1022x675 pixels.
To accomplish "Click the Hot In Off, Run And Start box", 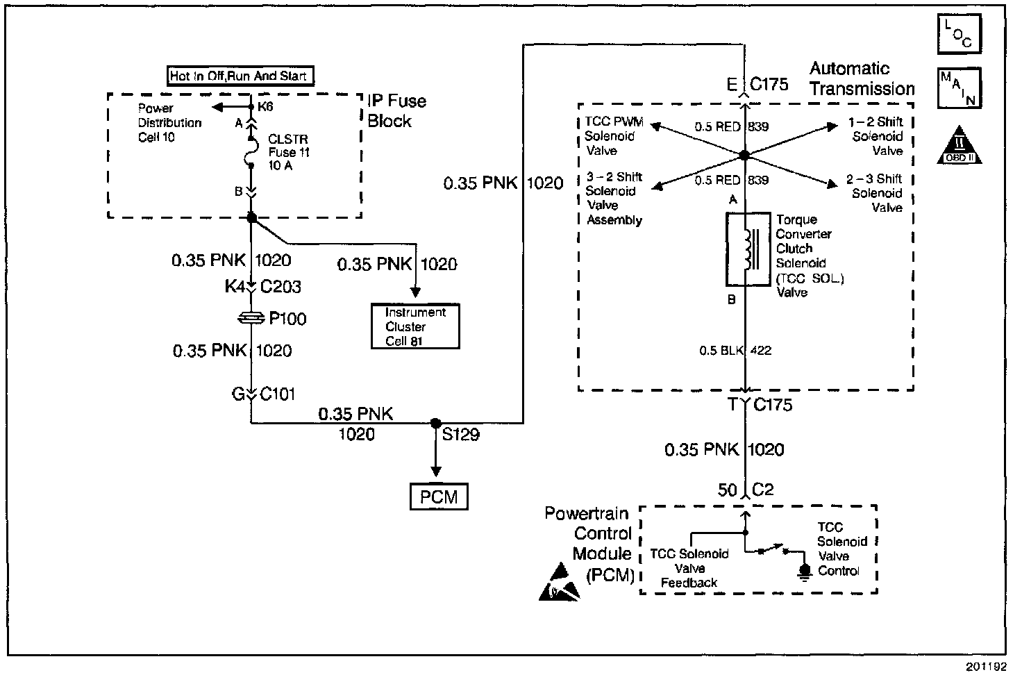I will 238,76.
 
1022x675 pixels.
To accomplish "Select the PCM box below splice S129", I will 439,497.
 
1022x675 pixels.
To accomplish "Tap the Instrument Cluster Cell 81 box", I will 414,326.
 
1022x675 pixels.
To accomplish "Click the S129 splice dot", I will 436,423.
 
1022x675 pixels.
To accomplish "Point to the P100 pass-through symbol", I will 251,318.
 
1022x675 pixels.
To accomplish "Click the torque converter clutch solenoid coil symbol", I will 747,249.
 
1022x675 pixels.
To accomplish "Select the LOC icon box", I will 959,34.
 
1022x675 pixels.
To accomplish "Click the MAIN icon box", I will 959,88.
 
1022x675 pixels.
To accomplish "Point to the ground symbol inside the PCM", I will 805,572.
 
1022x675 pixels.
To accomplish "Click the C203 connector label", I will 280,287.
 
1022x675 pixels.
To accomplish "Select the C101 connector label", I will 278,394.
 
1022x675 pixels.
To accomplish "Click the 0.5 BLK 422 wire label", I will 735,351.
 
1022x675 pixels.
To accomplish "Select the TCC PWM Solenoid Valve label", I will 613,136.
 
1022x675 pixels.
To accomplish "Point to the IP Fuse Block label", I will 396,111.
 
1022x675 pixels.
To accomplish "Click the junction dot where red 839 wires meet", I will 744,155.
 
